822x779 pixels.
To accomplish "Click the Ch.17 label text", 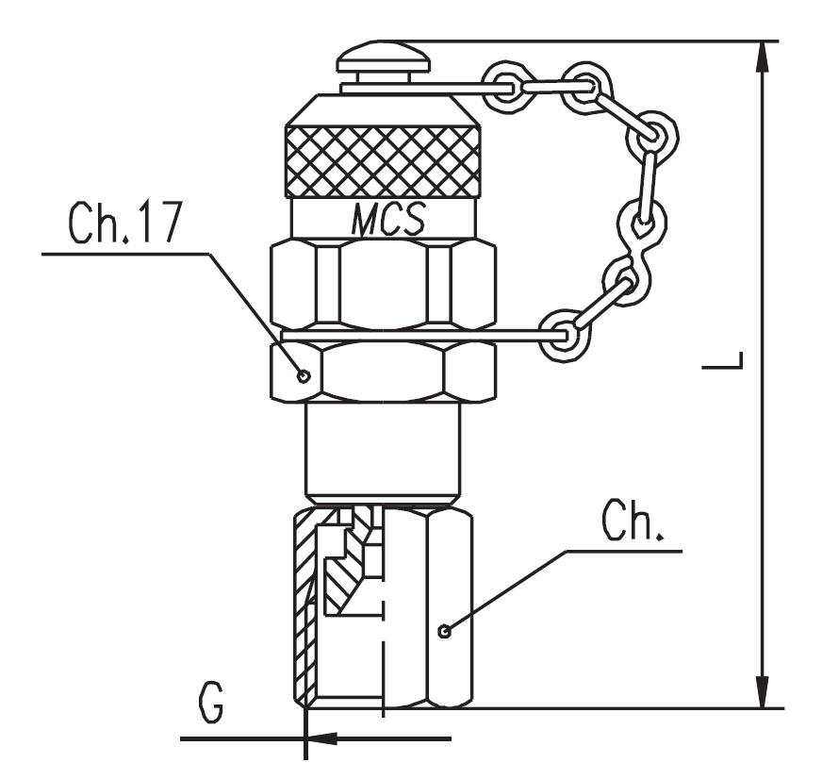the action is (x=124, y=222).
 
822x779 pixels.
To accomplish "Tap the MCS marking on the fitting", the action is (x=388, y=219).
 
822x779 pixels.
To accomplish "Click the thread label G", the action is (x=211, y=703).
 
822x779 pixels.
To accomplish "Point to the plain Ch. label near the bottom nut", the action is (x=633, y=520).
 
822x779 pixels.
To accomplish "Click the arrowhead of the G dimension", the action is (x=321, y=738).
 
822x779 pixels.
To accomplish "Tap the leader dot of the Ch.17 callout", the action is (x=304, y=375).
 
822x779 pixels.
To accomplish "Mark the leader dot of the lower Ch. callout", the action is (x=445, y=631).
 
